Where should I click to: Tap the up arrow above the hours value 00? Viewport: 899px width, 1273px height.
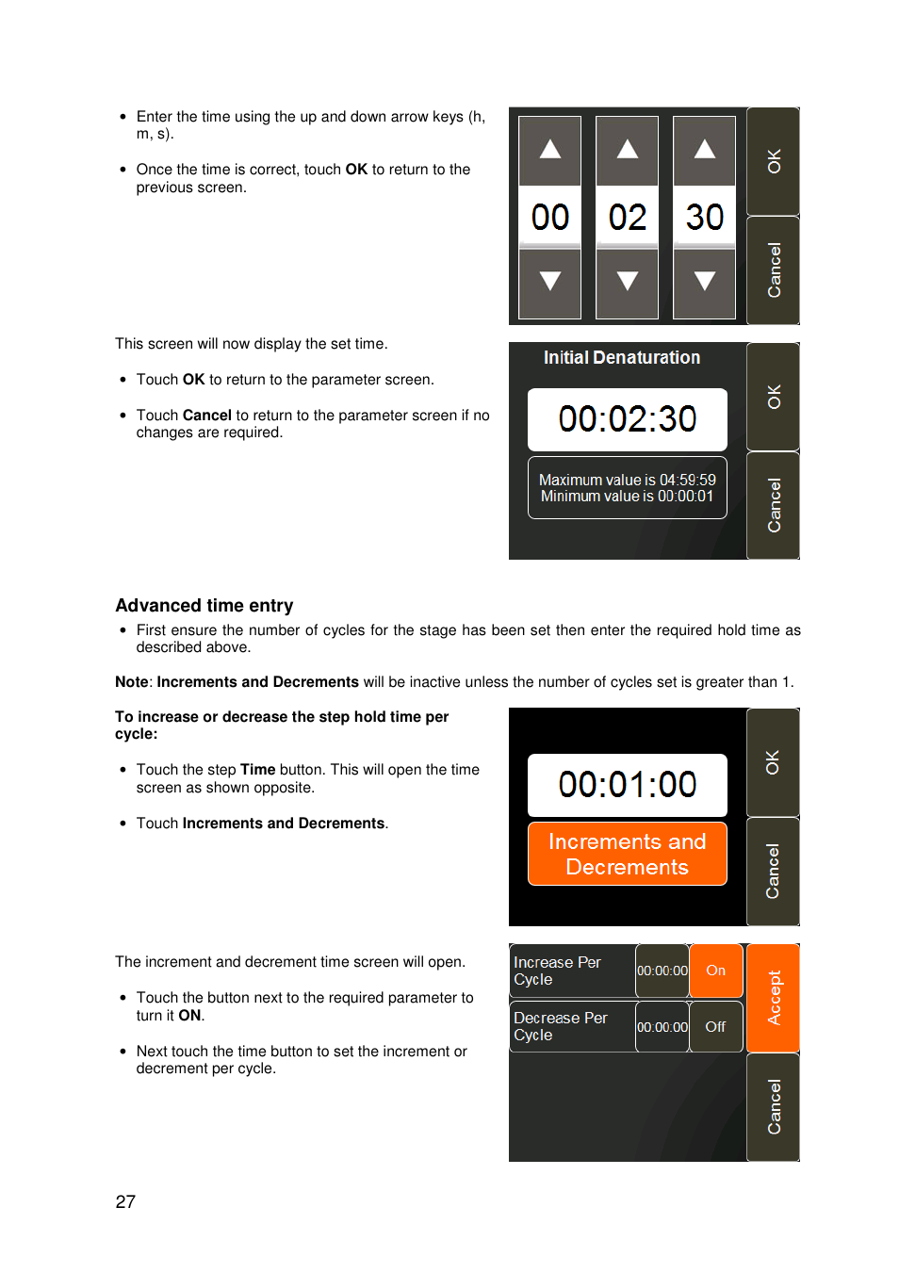click(x=550, y=151)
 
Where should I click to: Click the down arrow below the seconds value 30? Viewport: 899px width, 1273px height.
click(x=704, y=283)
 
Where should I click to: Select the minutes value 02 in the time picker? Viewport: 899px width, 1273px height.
click(x=628, y=218)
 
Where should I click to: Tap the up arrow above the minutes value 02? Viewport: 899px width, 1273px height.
click(x=628, y=151)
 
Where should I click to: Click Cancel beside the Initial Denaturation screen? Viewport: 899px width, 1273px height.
click(x=774, y=506)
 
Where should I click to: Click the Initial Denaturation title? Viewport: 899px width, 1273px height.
click(x=621, y=358)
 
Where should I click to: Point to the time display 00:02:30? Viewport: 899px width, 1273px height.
click(x=627, y=419)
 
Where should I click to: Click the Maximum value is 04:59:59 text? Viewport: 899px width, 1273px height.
click(x=627, y=480)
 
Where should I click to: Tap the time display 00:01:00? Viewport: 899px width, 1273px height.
click(x=627, y=785)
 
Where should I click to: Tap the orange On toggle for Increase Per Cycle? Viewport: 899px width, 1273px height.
click(x=716, y=971)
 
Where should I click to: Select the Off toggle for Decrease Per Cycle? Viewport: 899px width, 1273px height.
click(x=716, y=1027)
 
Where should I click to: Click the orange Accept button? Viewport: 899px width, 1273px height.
click(x=774, y=998)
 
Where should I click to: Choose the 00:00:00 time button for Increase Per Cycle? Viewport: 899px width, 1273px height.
click(x=662, y=971)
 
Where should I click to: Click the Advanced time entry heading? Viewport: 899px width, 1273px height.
click(x=204, y=606)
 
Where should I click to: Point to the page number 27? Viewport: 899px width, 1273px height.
click(x=125, y=1202)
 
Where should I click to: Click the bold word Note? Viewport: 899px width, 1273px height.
click(x=132, y=682)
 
